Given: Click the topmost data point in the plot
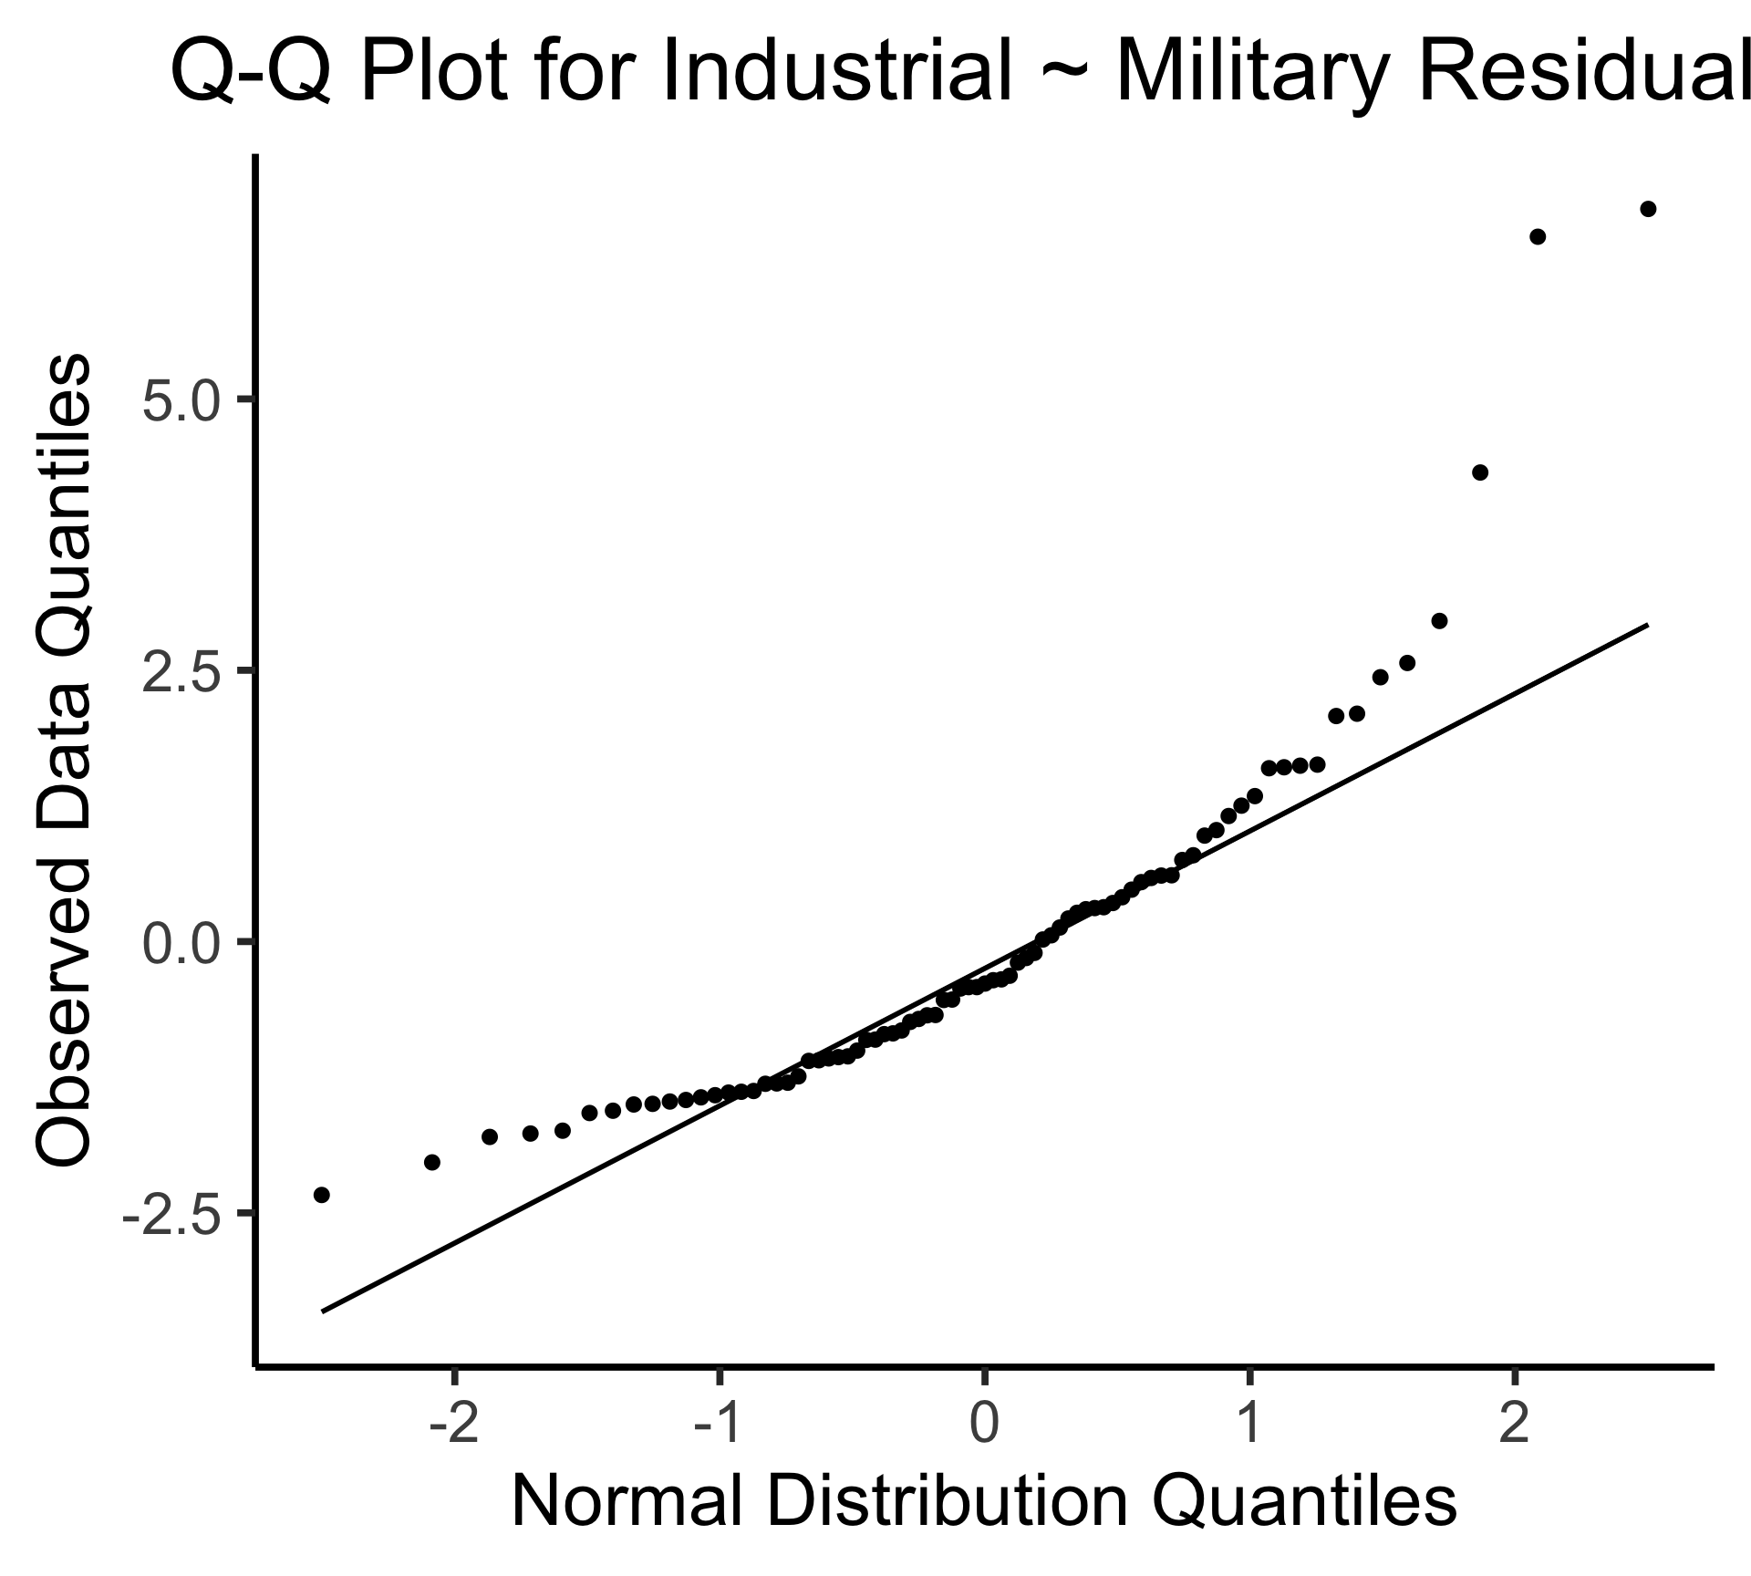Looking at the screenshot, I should point(1648,209).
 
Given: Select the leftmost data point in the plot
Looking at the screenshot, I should point(321,1195).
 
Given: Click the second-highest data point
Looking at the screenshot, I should point(1537,237).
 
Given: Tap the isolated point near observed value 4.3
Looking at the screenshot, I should point(1480,472).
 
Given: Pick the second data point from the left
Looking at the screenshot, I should point(432,1162).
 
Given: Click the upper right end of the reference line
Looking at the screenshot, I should point(1647,625).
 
